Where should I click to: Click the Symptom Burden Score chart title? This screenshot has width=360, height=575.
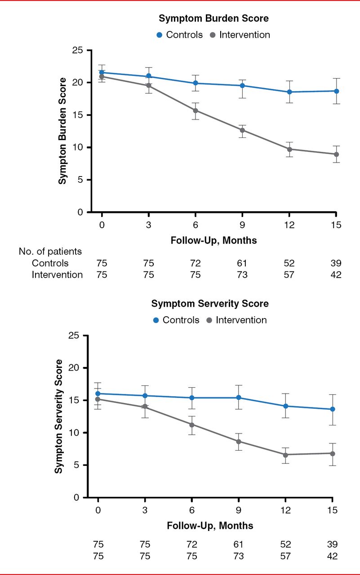(x=213, y=19)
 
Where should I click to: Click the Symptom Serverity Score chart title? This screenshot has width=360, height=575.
(x=210, y=304)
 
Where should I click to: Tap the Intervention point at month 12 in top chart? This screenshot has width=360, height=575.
(x=289, y=149)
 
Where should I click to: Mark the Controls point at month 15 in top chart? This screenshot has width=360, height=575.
(x=336, y=91)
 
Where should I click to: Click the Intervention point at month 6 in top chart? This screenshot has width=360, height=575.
(x=196, y=111)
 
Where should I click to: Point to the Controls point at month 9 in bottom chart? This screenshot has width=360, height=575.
(x=239, y=398)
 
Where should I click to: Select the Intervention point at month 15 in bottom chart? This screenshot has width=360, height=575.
(x=332, y=453)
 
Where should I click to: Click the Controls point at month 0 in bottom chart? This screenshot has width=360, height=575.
(x=98, y=394)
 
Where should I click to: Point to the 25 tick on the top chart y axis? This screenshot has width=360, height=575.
(x=80, y=50)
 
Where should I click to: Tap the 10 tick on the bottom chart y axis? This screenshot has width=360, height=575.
(x=77, y=433)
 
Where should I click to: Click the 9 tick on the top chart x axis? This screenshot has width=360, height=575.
(x=242, y=224)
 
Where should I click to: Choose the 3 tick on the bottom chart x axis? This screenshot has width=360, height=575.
(x=145, y=510)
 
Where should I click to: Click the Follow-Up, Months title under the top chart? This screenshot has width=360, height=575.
(x=213, y=240)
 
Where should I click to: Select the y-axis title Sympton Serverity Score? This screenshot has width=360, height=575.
(x=58, y=416)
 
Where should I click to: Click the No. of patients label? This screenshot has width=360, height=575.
(x=50, y=252)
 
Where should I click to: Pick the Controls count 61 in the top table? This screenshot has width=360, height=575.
(x=242, y=263)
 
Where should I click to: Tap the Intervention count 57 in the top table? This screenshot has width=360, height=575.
(x=289, y=274)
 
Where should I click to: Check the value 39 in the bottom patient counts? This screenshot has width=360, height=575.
(x=332, y=544)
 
